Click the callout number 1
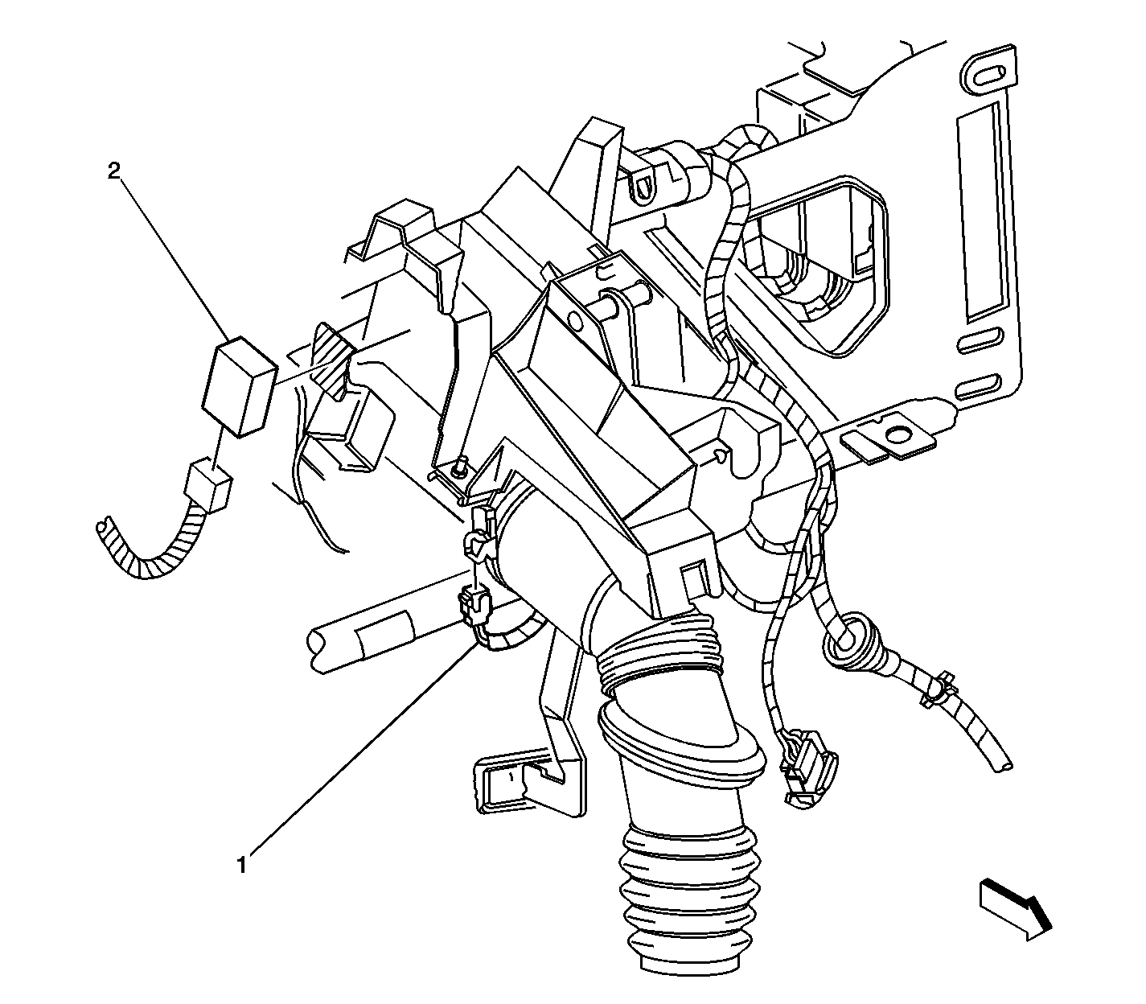click(241, 866)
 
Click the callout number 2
click(113, 171)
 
